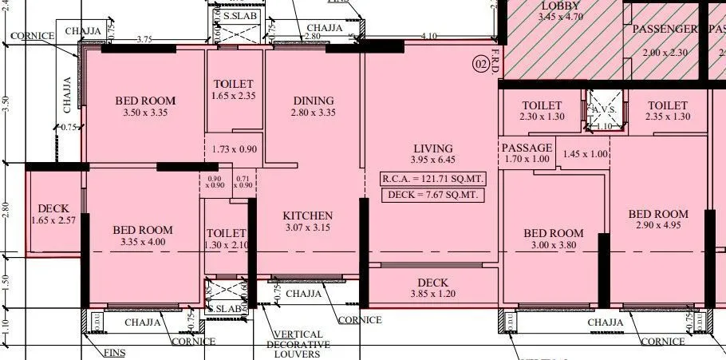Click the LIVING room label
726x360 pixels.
pos(433,148)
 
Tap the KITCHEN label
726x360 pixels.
pos(307,216)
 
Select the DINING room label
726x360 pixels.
pos(314,101)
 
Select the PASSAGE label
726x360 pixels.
pos(527,148)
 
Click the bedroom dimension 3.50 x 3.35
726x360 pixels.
pos(145,113)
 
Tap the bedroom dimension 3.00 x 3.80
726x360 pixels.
pos(554,246)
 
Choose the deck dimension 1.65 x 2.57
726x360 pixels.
pos(53,220)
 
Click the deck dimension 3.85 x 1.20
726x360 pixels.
pos(432,295)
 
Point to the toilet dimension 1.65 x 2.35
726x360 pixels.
pos(234,97)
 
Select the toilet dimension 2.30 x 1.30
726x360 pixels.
pos(542,117)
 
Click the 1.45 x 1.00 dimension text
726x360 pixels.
pos(585,154)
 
